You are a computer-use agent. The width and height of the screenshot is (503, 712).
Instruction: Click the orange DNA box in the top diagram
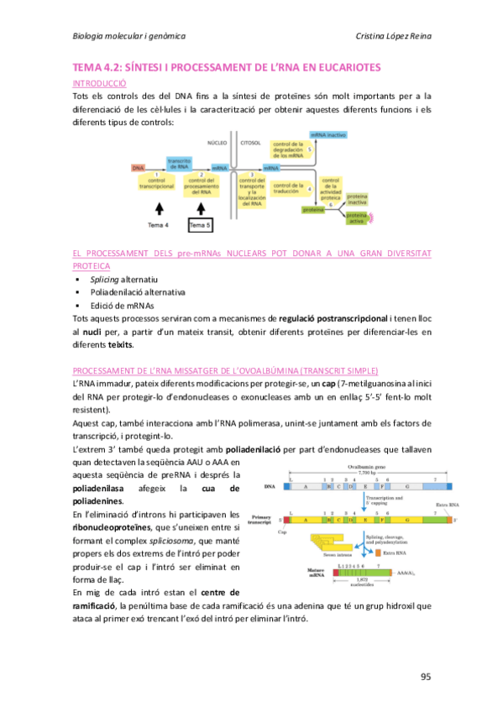(x=138, y=168)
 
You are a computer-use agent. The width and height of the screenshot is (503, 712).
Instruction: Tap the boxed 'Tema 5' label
(x=200, y=225)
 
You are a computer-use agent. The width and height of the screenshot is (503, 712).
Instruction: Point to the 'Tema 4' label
(x=159, y=225)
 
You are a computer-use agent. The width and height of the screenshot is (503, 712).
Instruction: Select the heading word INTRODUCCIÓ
(x=100, y=85)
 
